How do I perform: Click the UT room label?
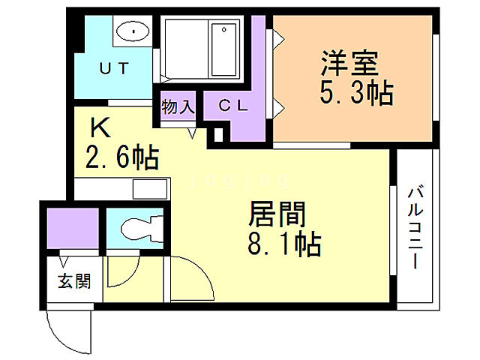(x=115, y=67)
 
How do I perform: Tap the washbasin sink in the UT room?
(x=133, y=32)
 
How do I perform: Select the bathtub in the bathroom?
(x=225, y=48)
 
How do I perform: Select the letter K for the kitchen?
(x=101, y=128)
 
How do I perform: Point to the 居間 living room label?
(x=277, y=216)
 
